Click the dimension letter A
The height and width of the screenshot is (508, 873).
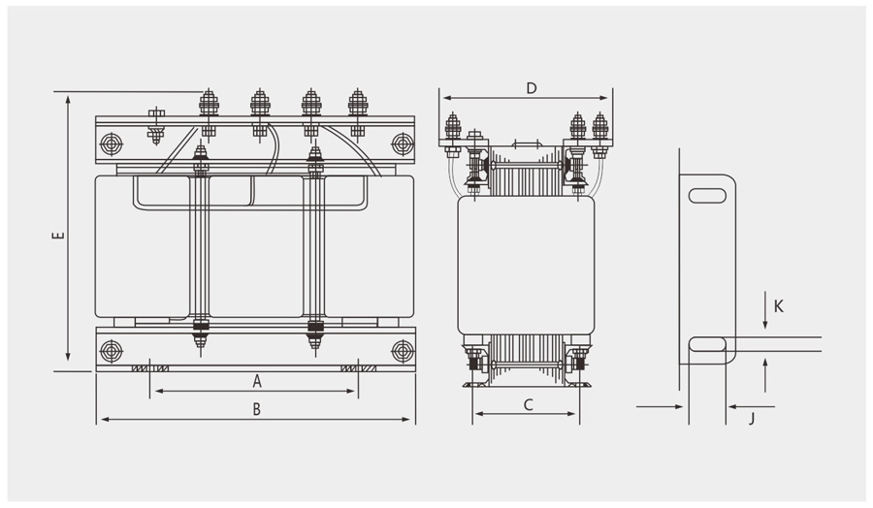coord(257,380)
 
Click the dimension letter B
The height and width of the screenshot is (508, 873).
coord(256,409)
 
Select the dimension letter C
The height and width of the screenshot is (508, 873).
coord(528,405)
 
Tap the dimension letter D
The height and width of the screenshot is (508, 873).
coord(531,88)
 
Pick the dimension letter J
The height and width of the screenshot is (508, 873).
coord(751,419)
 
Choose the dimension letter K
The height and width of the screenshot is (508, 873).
coord(779,306)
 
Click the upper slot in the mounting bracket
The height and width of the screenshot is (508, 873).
coord(706,195)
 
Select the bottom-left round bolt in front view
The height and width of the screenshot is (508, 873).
coord(111,349)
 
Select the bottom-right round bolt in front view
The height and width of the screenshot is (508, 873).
coord(401,349)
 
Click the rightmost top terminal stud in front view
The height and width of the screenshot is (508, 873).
coord(357,103)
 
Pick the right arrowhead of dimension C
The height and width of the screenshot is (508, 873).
coord(577,413)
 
